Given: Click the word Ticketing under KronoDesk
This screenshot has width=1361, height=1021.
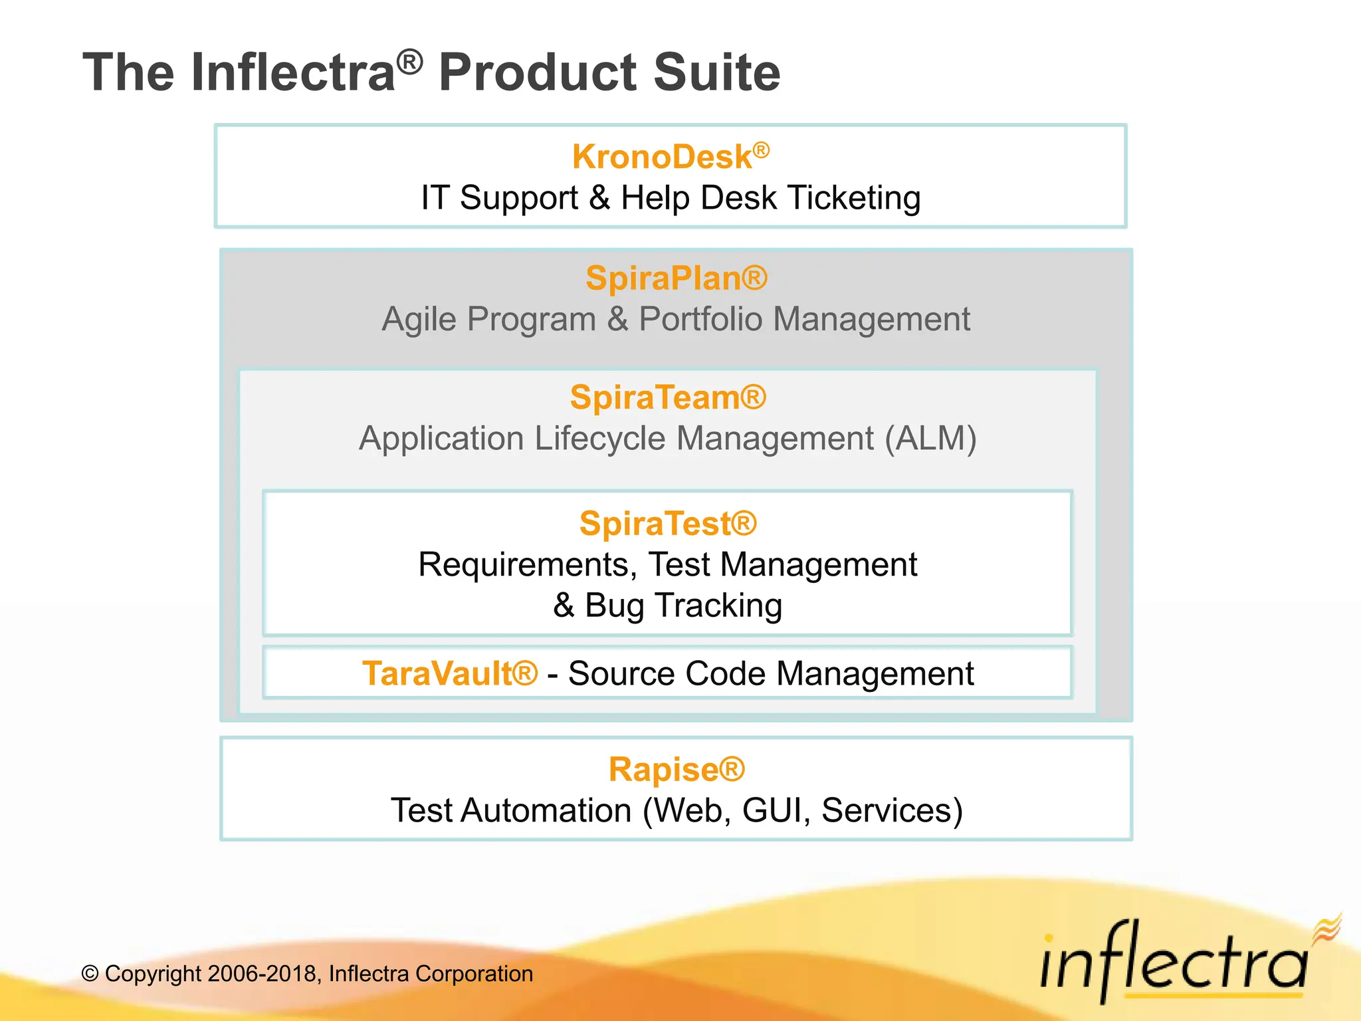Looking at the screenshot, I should (x=854, y=198).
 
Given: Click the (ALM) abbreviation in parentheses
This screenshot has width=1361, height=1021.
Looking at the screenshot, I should (x=930, y=439).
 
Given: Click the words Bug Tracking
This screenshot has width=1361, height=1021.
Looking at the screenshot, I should (x=683, y=606).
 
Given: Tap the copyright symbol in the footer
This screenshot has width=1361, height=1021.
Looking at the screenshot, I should (x=90, y=974).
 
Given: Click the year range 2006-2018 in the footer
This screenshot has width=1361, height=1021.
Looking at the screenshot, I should (x=263, y=974).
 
